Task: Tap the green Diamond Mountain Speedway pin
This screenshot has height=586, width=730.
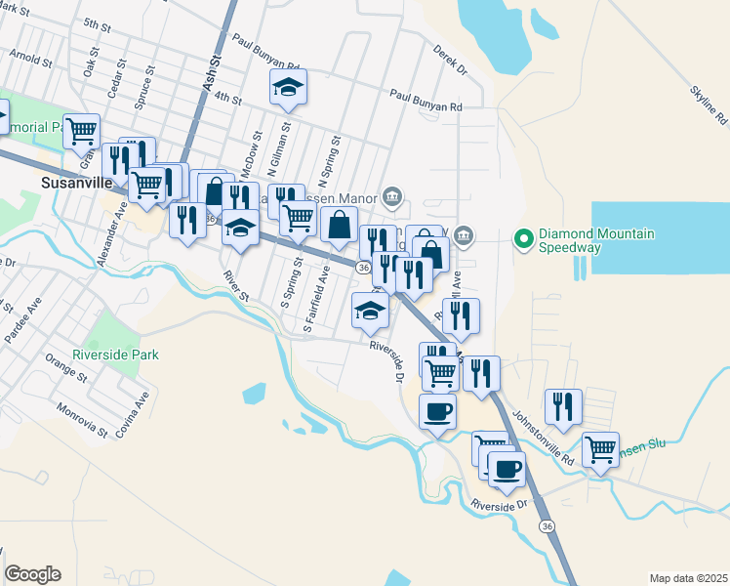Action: [x=523, y=237]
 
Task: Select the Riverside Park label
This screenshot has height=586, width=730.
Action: [x=114, y=355]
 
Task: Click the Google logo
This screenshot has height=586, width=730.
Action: [x=32, y=574]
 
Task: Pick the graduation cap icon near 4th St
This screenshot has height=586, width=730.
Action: [x=288, y=87]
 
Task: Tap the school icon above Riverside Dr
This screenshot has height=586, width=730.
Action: [x=370, y=311]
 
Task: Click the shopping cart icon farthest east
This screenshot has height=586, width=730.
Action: [x=600, y=450]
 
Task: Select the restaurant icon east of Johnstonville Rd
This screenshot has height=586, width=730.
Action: [x=563, y=406]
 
